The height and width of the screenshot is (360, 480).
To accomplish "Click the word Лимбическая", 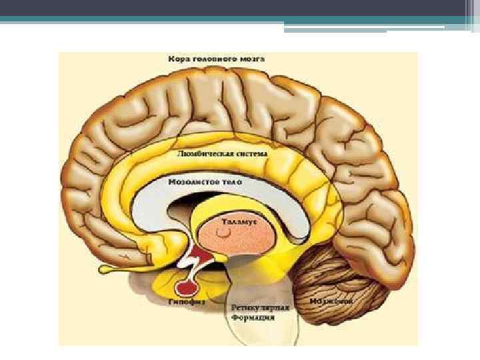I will pos(202,154).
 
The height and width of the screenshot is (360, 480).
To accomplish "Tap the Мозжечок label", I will pos(331,301).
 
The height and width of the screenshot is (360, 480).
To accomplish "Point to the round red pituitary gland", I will pos(185,288).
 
